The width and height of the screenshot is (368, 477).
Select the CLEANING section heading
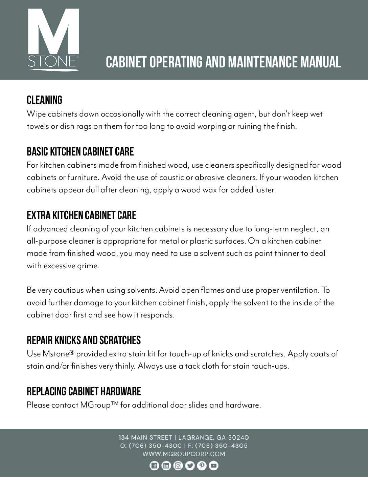(x=44, y=100)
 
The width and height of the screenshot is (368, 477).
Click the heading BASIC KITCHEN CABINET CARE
(x=80, y=151)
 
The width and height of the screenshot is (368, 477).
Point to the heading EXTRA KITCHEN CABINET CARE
(x=81, y=215)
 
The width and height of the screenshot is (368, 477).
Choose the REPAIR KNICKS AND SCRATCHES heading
(x=84, y=340)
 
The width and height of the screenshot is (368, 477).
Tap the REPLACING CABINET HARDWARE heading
(x=84, y=391)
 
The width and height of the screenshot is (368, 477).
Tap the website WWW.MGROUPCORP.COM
(x=184, y=454)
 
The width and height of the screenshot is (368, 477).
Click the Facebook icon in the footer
(x=154, y=466)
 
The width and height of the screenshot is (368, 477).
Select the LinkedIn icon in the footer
(x=166, y=466)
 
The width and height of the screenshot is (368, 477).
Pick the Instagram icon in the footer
(x=178, y=466)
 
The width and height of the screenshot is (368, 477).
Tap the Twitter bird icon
(x=190, y=466)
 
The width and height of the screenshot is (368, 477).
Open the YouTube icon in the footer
(x=214, y=466)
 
